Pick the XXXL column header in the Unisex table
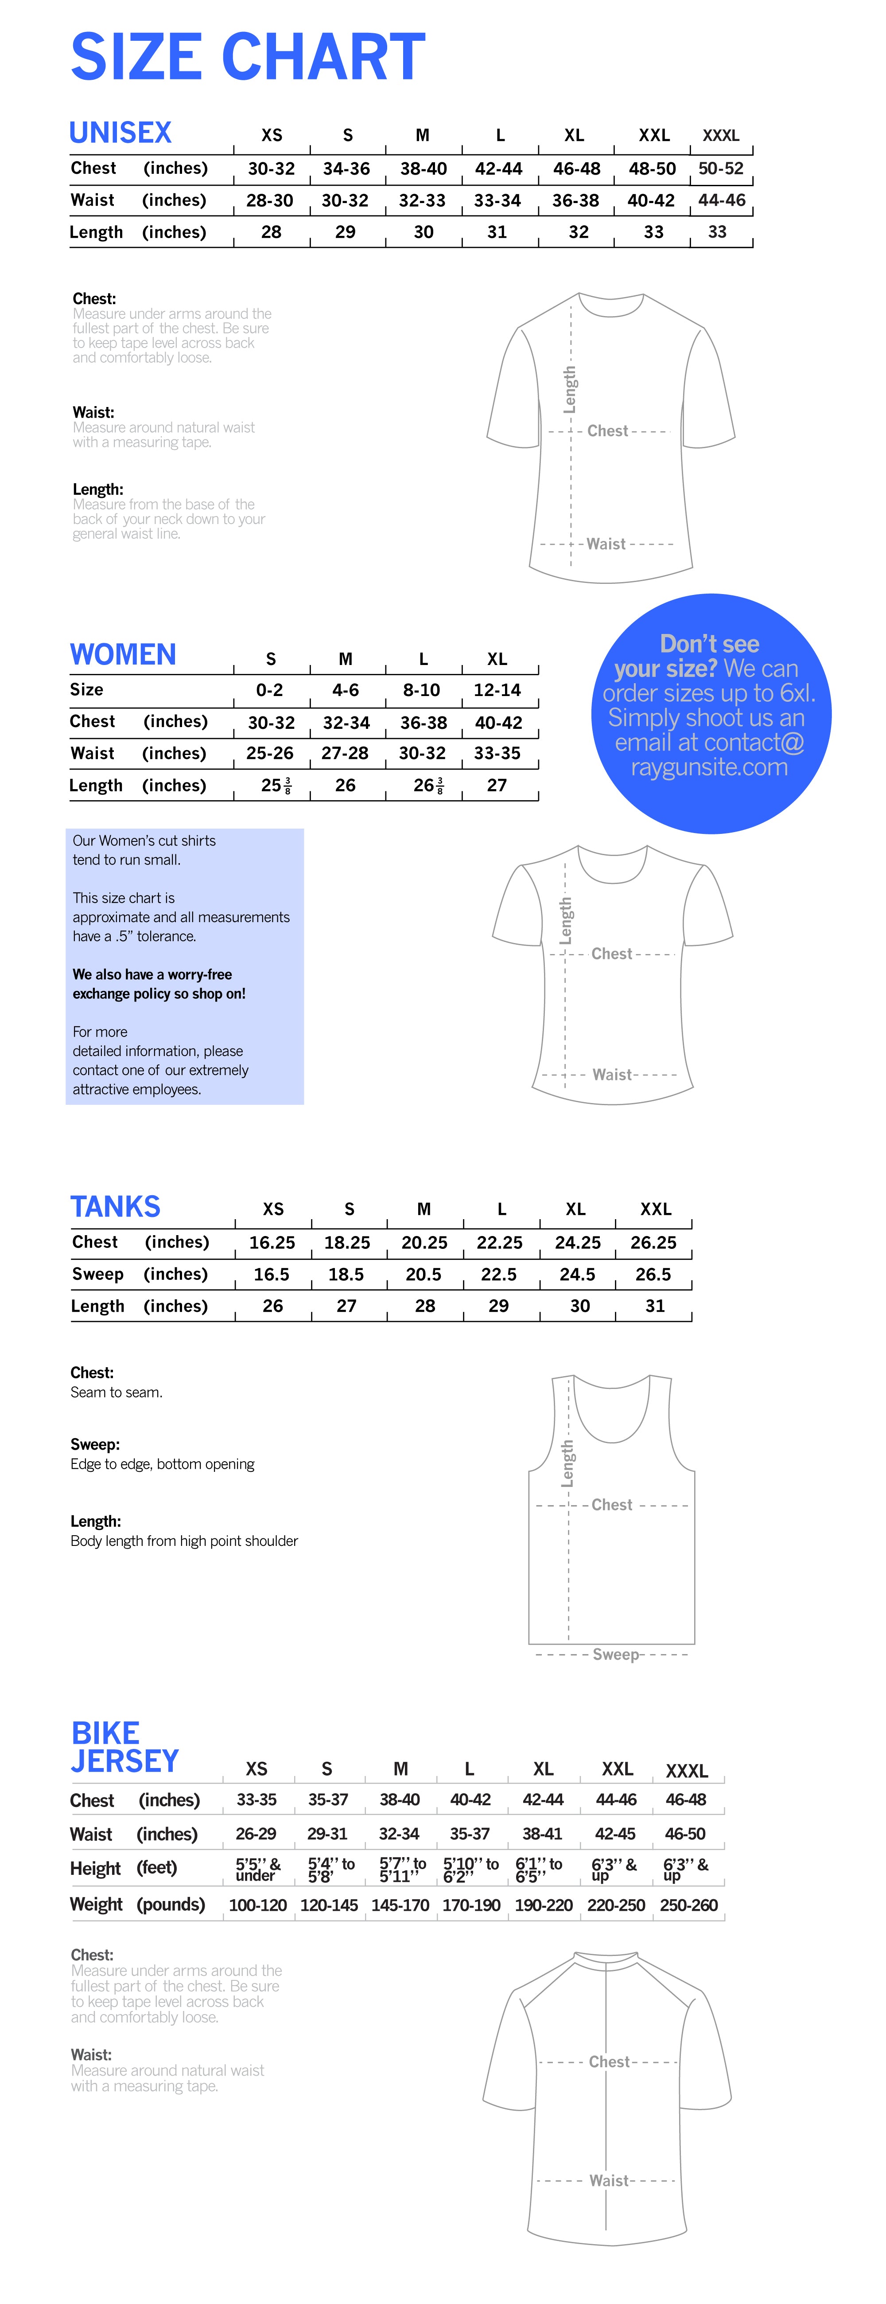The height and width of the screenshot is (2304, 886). tap(721, 136)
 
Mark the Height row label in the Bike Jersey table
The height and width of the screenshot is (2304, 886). tap(95, 1868)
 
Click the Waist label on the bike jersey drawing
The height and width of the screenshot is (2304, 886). tap(608, 2181)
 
